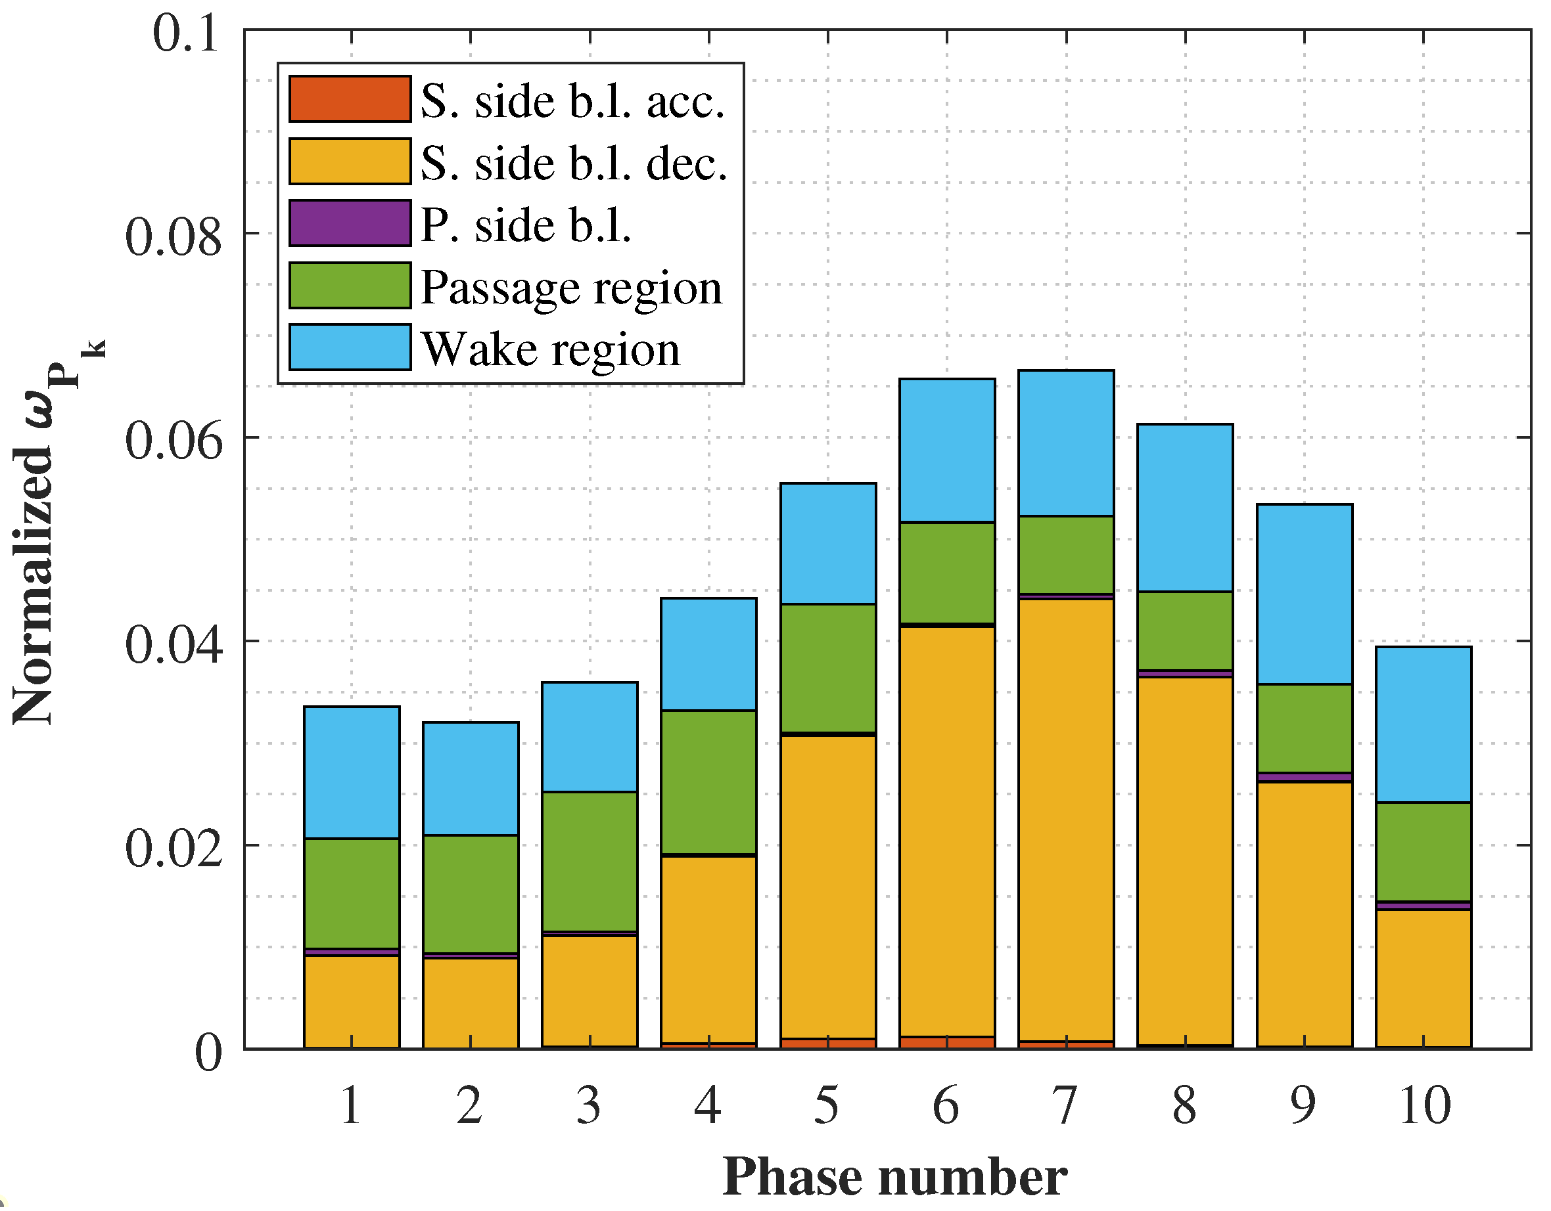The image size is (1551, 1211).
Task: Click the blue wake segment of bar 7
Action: pyautogui.click(x=1066, y=443)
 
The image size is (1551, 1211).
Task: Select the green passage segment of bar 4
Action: pyautogui.click(x=708, y=782)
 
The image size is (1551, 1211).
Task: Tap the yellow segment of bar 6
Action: pyautogui.click(x=946, y=831)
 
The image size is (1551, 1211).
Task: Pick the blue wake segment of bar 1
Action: pyautogui.click(x=352, y=772)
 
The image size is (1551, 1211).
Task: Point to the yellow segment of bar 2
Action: pyautogui.click(x=470, y=1002)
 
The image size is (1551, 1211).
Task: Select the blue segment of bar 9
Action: pyautogui.click(x=1304, y=594)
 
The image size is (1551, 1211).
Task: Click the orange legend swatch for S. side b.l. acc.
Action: pyautogui.click(x=350, y=99)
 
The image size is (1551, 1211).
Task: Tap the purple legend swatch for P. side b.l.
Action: pyautogui.click(x=350, y=223)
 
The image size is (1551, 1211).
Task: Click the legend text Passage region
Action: pyautogui.click(x=571, y=288)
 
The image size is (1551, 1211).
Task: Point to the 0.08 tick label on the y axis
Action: pyautogui.click(x=174, y=237)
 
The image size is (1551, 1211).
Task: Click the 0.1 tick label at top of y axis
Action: pyautogui.click(x=186, y=33)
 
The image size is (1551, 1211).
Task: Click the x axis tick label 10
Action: pyautogui.click(x=1424, y=1105)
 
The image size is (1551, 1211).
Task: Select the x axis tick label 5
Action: pyautogui.click(x=827, y=1105)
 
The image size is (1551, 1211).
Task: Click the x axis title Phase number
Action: pyautogui.click(x=895, y=1177)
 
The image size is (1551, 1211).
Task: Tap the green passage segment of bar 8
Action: pyautogui.click(x=1184, y=630)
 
